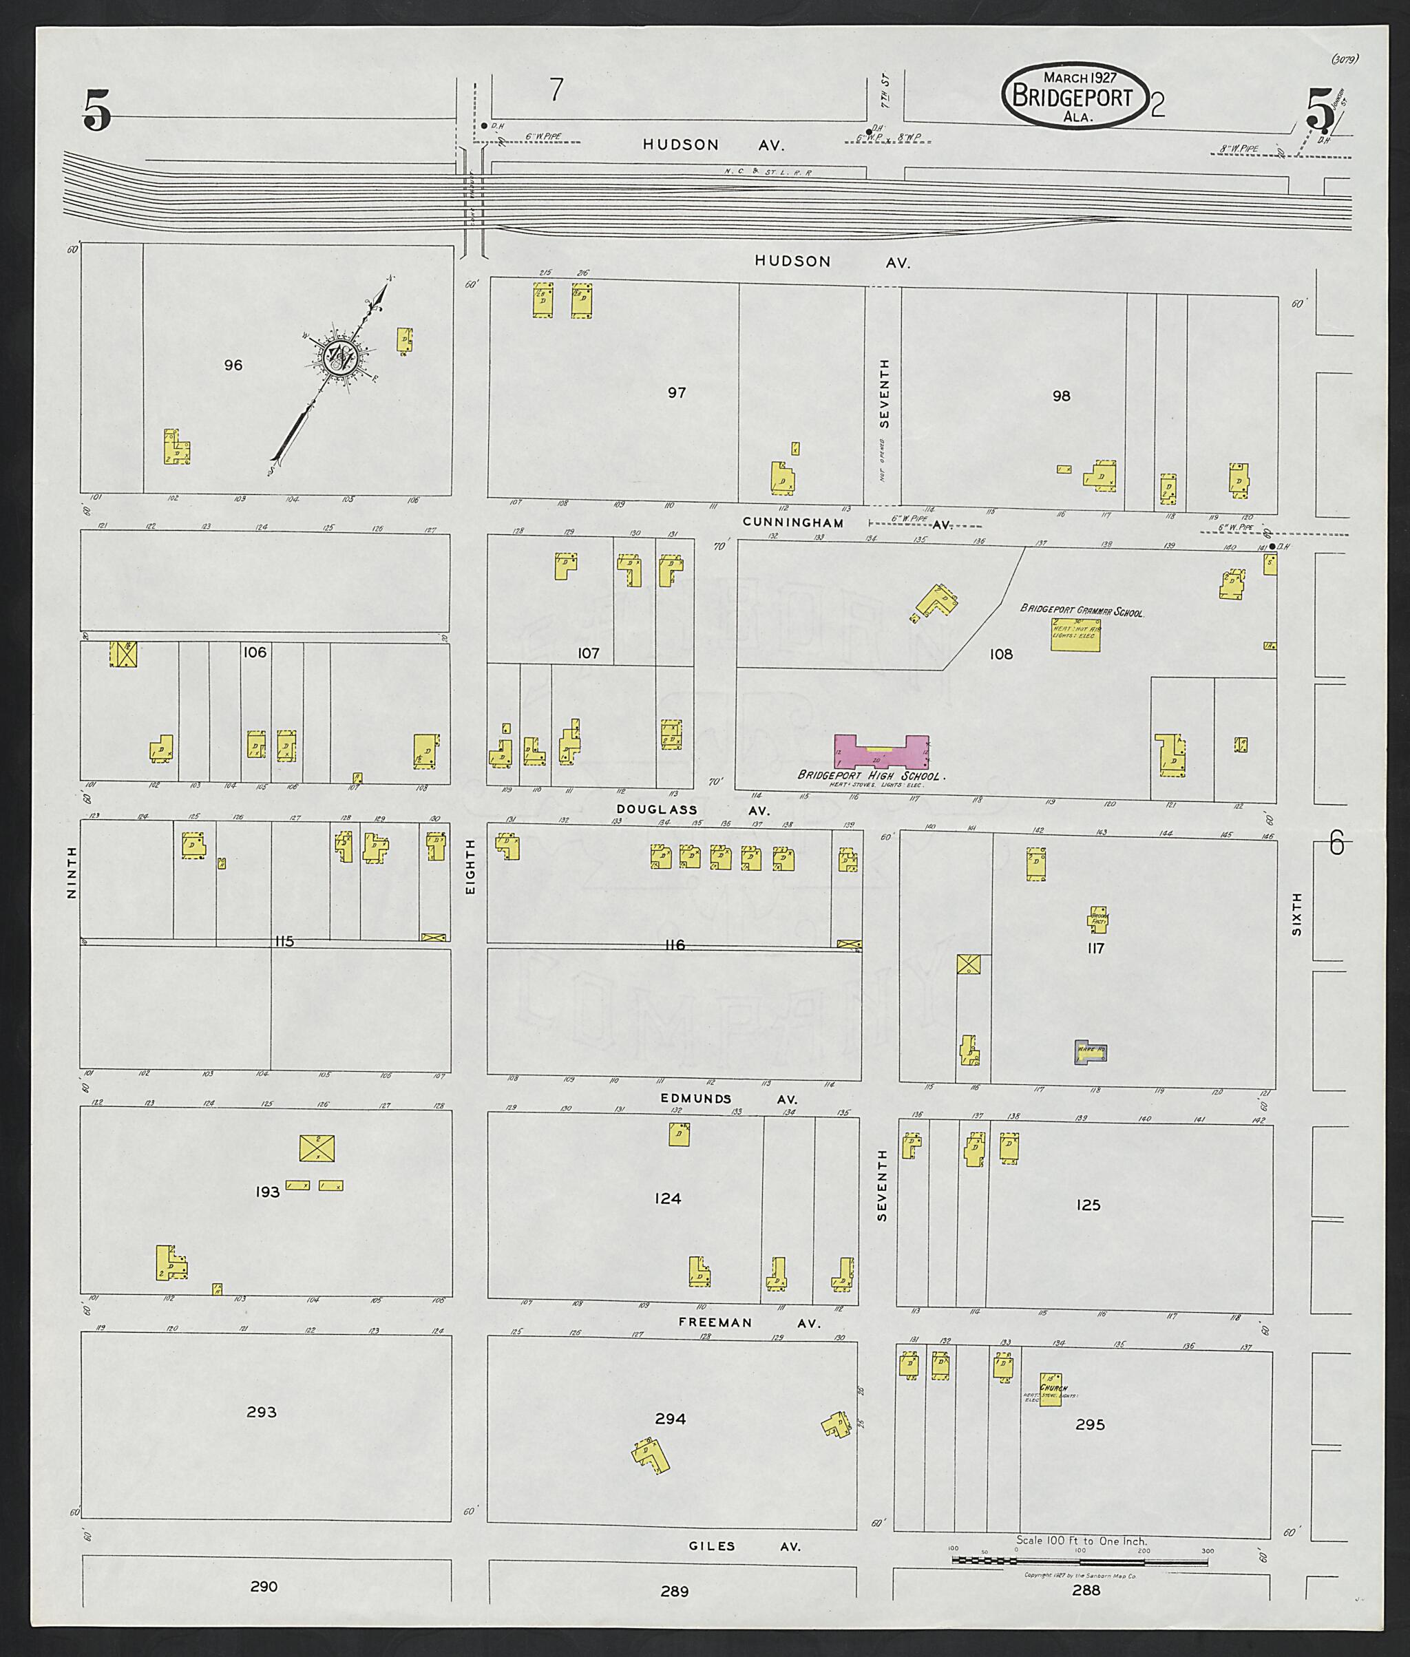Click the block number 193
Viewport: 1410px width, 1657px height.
pos(267,1192)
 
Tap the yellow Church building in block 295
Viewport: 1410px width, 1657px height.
pos(1051,1389)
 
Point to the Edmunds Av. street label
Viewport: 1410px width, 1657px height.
pos(728,1098)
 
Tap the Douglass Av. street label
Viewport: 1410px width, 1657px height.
pos(692,810)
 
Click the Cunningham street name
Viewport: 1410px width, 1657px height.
pos(793,522)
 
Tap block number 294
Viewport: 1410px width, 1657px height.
pos(670,1419)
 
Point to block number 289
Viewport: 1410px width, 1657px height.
pos(674,1591)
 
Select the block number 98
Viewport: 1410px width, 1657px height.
pos(1061,396)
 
